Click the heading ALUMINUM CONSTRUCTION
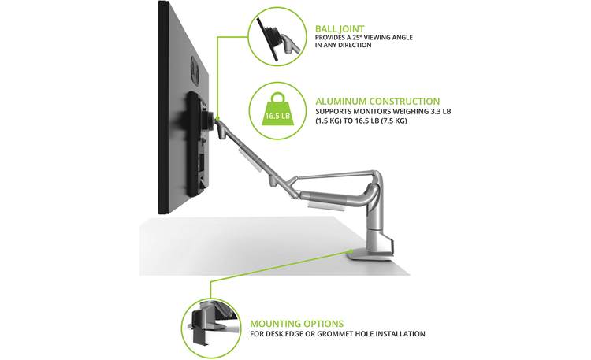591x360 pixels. (377, 101)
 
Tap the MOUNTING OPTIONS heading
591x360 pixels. (296, 323)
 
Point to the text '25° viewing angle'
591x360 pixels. (383, 36)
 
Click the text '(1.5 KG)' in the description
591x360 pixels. (331, 122)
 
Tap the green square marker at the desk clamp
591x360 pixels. (351, 253)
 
